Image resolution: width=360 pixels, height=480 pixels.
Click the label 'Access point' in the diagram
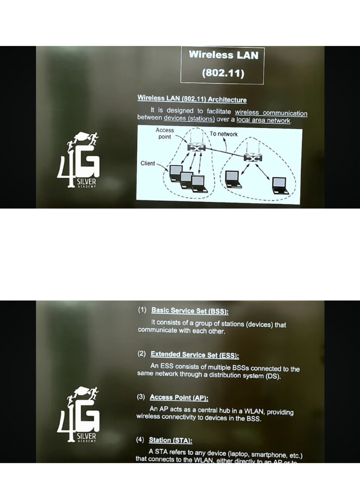(165, 134)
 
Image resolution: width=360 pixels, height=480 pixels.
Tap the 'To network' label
(224, 134)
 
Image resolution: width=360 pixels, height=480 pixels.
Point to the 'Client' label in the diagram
(148, 163)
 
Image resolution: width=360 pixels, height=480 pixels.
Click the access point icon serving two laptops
(253, 159)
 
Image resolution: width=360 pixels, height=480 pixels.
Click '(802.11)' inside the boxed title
(223, 73)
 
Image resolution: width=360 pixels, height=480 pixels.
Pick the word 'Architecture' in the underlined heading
(227, 99)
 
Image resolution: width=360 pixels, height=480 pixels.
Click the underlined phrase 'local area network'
(263, 120)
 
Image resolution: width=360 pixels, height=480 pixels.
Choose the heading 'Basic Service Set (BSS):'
(190, 311)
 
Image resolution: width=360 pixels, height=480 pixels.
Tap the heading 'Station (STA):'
(170, 440)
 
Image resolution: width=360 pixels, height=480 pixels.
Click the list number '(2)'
(142, 354)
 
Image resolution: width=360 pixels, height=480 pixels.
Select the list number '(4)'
(140, 440)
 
